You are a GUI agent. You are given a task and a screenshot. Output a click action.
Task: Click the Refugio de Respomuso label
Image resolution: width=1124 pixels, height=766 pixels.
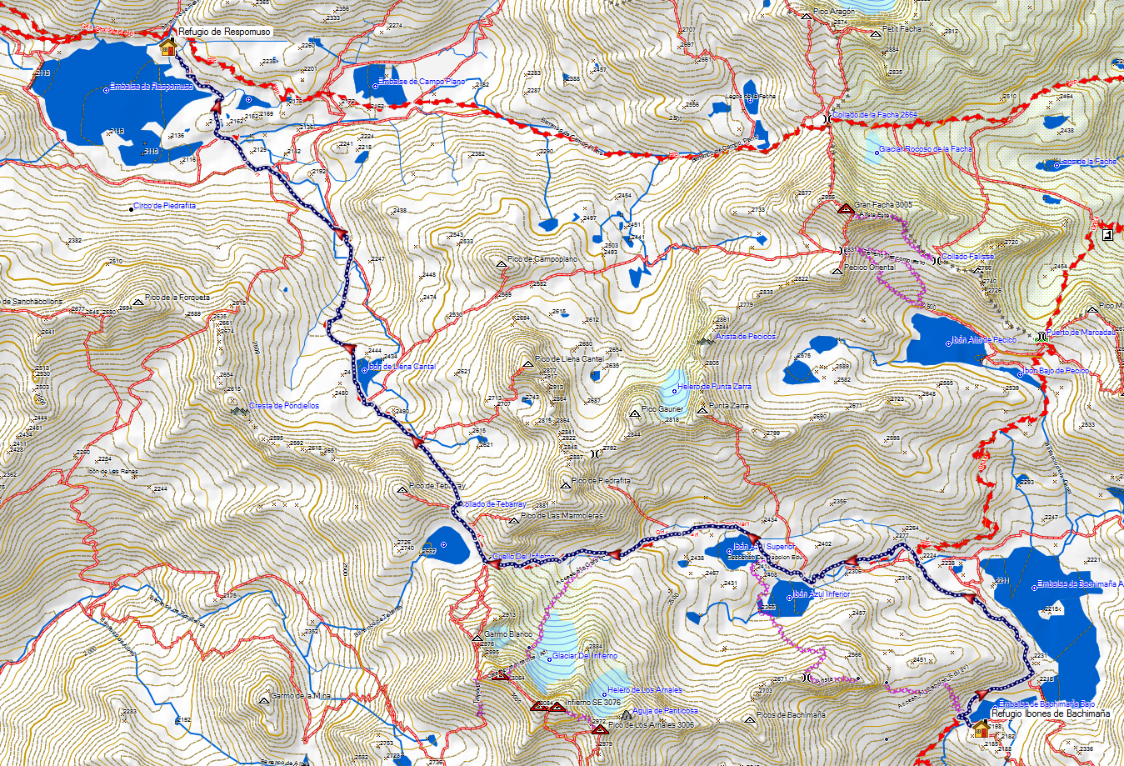224,32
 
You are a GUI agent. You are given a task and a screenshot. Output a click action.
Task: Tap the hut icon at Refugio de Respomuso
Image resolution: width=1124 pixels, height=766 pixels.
167,48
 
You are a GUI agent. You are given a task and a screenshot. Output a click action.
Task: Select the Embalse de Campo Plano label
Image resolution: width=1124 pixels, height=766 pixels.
421,82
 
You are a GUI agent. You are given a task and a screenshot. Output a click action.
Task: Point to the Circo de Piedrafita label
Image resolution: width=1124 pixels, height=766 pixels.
164,206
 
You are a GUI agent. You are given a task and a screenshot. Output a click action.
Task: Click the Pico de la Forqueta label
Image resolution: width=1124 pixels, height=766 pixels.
177,298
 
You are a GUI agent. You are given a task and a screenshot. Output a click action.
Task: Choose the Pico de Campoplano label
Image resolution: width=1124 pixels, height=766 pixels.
542,259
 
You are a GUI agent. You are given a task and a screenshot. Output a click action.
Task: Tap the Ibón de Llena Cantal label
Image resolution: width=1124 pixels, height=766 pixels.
401,367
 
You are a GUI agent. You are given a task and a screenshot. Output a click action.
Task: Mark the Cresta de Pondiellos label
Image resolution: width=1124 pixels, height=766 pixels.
283,406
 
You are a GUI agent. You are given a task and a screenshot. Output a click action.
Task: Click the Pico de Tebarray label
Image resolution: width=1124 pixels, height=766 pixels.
437,486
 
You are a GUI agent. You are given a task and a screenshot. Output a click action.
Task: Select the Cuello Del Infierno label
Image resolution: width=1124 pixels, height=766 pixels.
523,556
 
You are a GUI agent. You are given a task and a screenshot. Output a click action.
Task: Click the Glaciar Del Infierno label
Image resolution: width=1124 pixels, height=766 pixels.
585,656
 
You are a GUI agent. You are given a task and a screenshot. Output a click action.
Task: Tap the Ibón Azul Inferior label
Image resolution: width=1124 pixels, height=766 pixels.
821,594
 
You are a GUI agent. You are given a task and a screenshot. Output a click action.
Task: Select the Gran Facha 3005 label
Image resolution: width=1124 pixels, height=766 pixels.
882,204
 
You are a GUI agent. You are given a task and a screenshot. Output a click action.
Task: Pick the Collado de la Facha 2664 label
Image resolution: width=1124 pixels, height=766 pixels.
875,115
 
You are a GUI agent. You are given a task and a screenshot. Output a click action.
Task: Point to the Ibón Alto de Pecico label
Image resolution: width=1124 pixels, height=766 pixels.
984,340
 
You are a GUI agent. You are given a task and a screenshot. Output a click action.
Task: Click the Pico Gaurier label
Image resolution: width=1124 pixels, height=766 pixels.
662,409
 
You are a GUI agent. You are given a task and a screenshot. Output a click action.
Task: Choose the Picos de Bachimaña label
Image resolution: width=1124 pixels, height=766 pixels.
792,715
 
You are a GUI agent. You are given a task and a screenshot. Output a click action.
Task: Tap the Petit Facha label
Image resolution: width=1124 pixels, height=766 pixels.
902,29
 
